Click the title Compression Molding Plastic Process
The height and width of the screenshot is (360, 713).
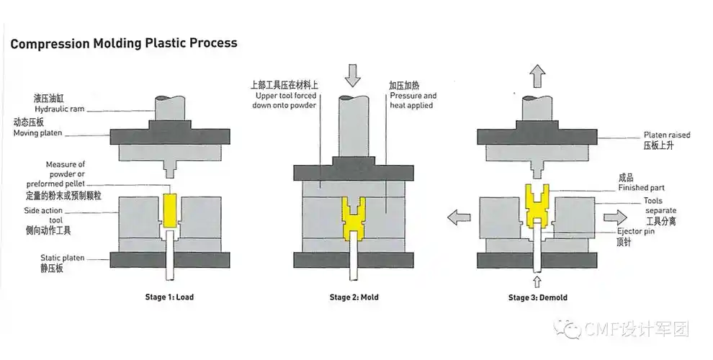123,43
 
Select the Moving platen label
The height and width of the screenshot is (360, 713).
38,133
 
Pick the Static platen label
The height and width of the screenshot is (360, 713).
63,257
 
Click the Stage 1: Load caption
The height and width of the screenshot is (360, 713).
169,297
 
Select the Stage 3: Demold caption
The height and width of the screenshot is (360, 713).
537,297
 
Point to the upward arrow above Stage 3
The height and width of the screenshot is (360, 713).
537,75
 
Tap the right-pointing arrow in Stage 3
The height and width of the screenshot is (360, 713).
616,216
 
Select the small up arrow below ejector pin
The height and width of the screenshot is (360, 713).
536,279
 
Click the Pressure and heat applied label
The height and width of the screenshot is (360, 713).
412,100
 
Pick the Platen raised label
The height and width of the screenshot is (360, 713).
667,135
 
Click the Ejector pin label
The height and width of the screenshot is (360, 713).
635,233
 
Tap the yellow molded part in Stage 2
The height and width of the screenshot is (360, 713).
352,218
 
